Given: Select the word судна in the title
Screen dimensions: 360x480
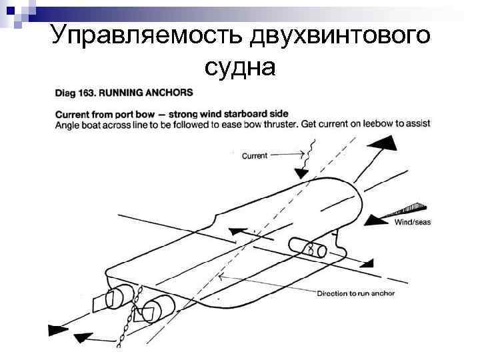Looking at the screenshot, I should pyautogui.click(x=240, y=67).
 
